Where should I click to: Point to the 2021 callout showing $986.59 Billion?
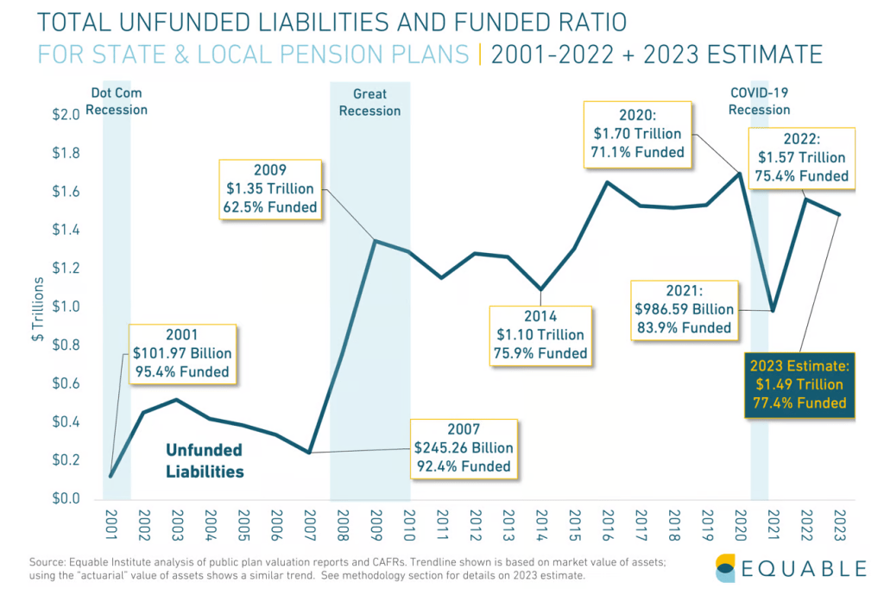tap(683, 308)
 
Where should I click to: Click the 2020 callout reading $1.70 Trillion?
tap(638, 134)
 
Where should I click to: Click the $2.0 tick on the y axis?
tap(66, 115)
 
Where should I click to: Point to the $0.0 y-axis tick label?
tap(66, 499)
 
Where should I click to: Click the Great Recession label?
tap(369, 102)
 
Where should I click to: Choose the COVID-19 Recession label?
tap(759, 100)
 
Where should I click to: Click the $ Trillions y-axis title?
tap(36, 307)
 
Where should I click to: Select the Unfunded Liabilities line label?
tap(205, 461)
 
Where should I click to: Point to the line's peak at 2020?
tap(739, 174)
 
